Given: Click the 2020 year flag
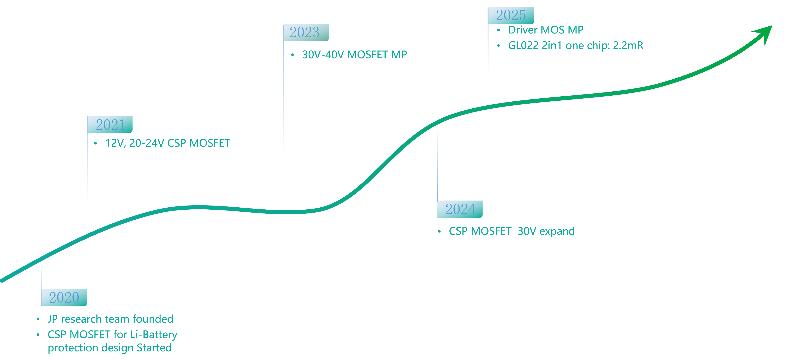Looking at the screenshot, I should tap(64, 297).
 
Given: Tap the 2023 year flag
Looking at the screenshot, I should tap(306, 33).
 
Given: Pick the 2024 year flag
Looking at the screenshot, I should tap(460, 209).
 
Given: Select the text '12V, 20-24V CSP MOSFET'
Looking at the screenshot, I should tap(168, 143).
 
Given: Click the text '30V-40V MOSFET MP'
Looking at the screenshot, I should tap(354, 55).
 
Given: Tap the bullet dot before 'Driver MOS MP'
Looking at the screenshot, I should tap(498, 30).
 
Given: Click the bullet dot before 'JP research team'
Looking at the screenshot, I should tap(38, 319).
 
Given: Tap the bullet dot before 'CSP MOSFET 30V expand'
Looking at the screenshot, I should tap(439, 231).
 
